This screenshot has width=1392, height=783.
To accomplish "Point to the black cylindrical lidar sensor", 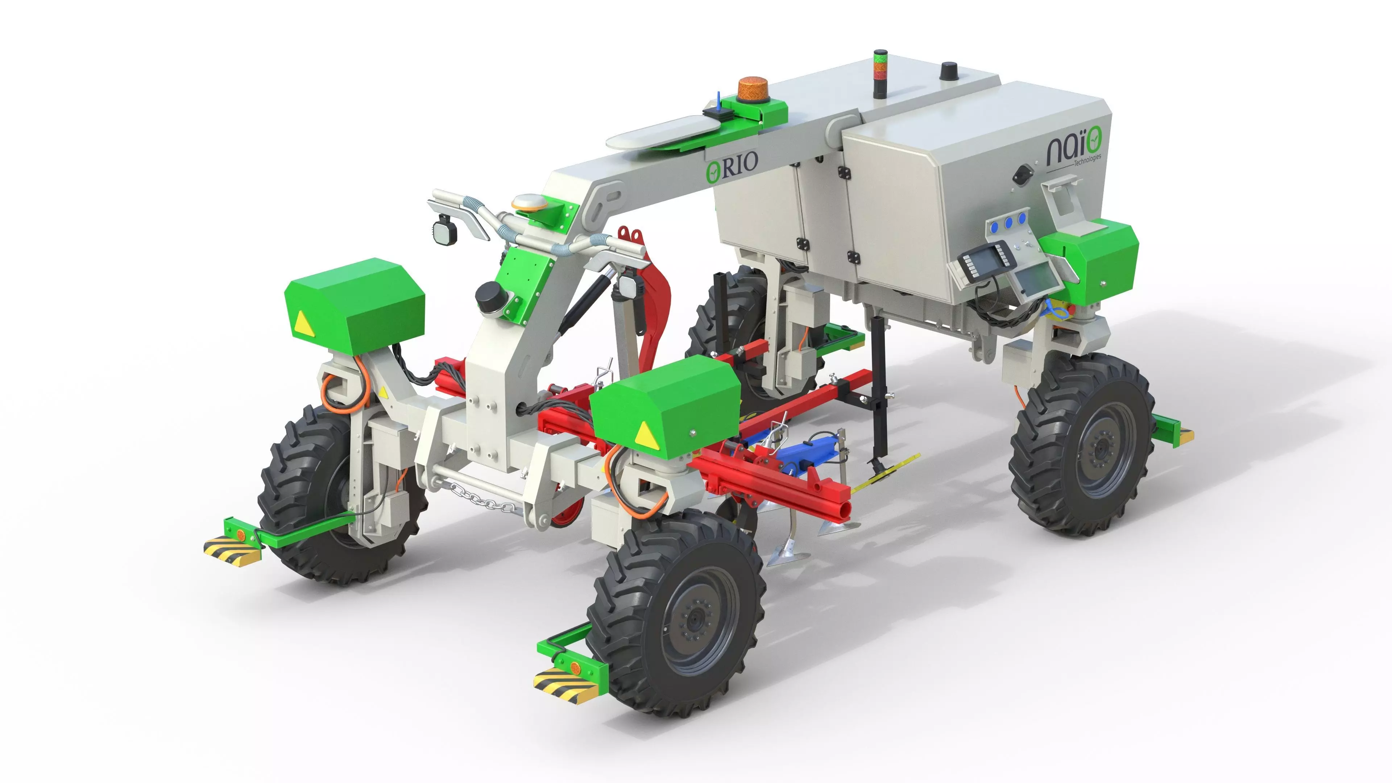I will tap(488, 297).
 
